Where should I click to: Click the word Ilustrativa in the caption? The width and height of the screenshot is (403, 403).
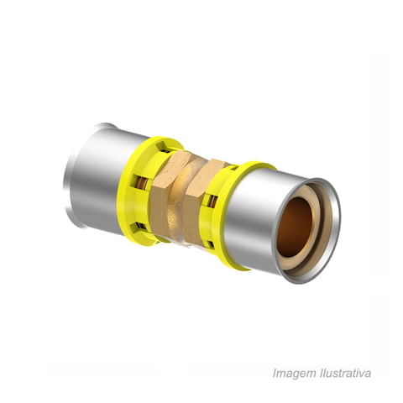point(344,373)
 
